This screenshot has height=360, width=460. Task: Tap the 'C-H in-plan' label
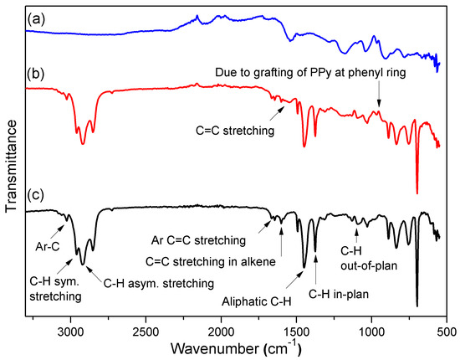coord(340,292)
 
